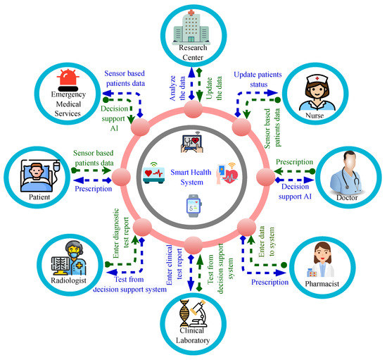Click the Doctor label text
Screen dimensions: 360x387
point(347,199)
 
